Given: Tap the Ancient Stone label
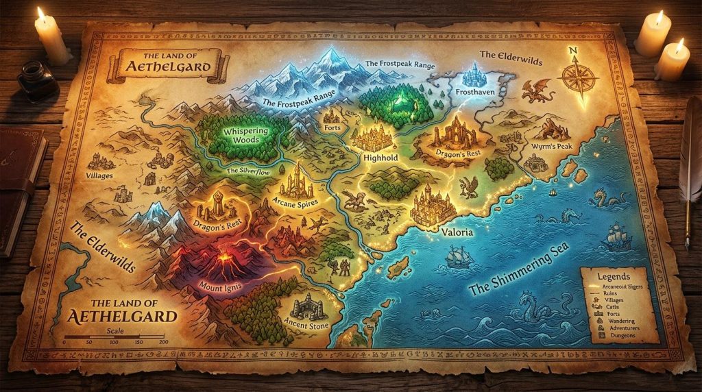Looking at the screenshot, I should pos(306,326).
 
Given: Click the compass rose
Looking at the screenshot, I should pos(578,76).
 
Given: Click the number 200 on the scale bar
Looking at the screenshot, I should pos(162,341).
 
